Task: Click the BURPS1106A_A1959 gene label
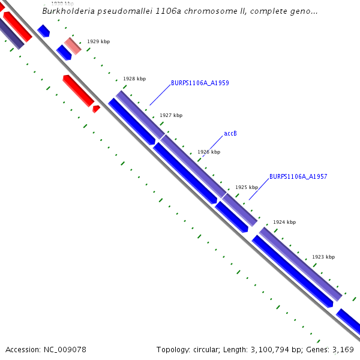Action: (200, 83)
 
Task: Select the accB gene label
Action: (230, 133)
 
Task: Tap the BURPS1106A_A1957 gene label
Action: (298, 176)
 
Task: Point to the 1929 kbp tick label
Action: (98, 42)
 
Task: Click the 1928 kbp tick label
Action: (134, 79)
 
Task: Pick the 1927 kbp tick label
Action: (171, 115)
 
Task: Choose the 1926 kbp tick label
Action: (209, 152)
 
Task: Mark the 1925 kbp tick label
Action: (247, 187)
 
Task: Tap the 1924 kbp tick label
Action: (284, 222)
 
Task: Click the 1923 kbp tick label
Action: (323, 257)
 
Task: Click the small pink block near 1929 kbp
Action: (73, 46)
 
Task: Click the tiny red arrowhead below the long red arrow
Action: (96, 109)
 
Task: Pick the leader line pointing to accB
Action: (211, 146)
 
